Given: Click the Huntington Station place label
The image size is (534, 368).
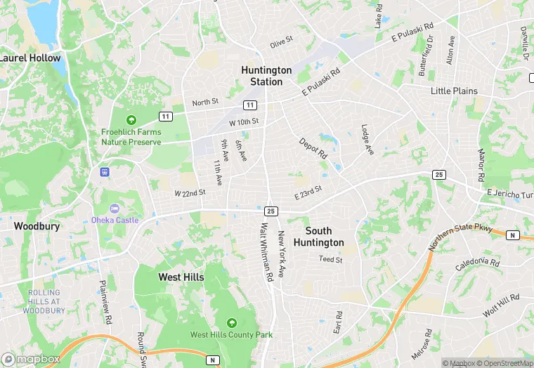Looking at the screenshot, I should click(266, 76).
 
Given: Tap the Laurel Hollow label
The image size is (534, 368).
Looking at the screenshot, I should click(30, 58).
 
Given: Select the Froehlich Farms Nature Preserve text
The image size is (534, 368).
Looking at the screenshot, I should click(131, 137).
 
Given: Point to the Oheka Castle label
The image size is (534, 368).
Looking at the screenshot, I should click(115, 220).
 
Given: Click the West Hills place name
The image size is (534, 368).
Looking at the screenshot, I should click(181, 277).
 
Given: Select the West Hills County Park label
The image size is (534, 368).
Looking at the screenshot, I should click(231, 335).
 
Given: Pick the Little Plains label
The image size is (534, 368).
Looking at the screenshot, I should click(454, 91).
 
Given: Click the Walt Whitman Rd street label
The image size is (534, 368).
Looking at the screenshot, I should click(266, 253).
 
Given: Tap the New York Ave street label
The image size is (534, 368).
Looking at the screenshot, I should click(282, 254).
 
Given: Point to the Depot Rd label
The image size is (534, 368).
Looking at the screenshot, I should click(313, 147).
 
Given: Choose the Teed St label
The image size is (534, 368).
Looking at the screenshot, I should click(330, 260).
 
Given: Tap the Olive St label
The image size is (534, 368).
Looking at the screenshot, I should click(281, 44).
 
